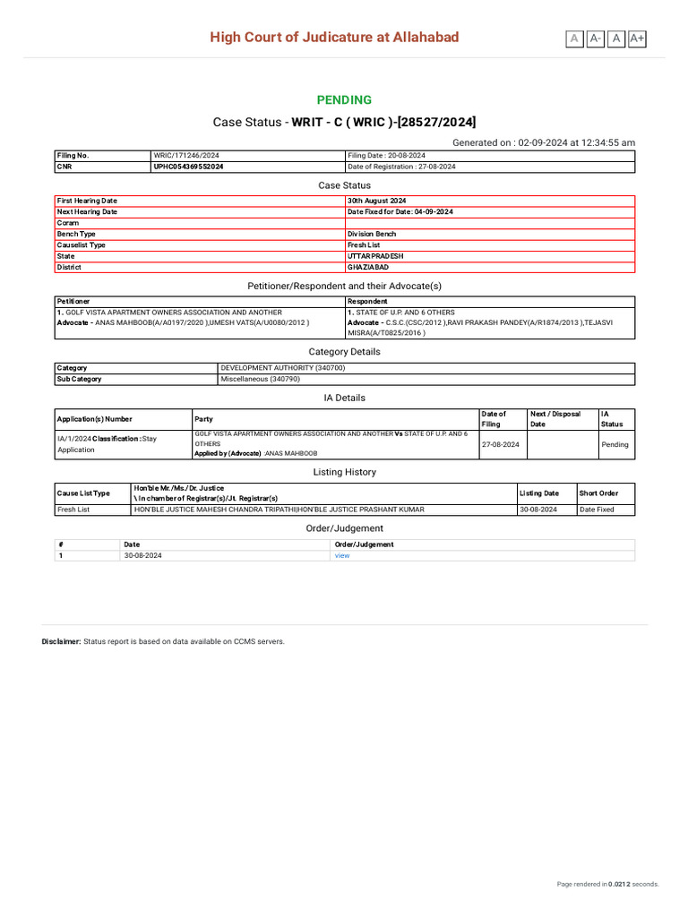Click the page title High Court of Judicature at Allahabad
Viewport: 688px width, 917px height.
click(x=334, y=37)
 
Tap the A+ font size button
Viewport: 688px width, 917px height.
click(x=637, y=39)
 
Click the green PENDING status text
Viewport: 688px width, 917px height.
click(x=344, y=99)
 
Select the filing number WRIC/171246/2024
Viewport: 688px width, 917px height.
click(x=186, y=155)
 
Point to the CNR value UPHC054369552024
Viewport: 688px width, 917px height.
click(x=189, y=167)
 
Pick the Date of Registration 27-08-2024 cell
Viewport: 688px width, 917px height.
click(x=401, y=167)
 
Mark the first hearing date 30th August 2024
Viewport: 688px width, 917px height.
click(x=377, y=201)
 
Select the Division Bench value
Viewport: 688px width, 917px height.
click(x=372, y=234)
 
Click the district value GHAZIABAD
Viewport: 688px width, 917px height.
click(x=368, y=267)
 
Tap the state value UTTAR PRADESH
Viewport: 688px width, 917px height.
click(x=375, y=256)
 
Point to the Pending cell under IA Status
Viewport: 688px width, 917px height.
click(x=615, y=444)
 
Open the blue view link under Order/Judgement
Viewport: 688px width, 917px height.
click(x=342, y=555)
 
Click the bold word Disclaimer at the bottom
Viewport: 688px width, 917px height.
click(x=61, y=641)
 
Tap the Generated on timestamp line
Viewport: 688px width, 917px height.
click(x=544, y=142)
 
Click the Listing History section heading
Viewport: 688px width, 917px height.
click(x=344, y=472)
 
